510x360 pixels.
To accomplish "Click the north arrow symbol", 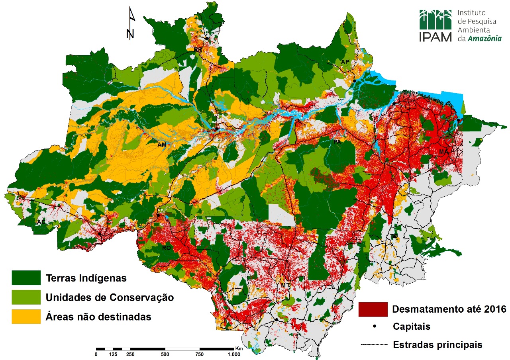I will pyautogui.click(x=131, y=24).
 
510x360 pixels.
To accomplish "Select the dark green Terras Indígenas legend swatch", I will pyautogui.click(x=26, y=278).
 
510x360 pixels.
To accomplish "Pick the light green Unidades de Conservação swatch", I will pyautogui.click(x=26, y=297).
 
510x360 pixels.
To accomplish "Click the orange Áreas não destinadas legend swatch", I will pyautogui.click(x=26, y=317).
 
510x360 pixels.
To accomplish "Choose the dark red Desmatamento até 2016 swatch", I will pyautogui.click(x=373, y=309).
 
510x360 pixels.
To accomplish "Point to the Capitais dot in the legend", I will pyautogui.click(x=375, y=327).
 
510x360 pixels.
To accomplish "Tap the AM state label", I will pyautogui.click(x=162, y=145).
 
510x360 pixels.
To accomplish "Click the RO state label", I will pyautogui.click(x=166, y=248).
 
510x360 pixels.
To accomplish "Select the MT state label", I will pyautogui.click(x=285, y=285).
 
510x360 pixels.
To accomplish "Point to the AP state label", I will pyautogui.click(x=345, y=62).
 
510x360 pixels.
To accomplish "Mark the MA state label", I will pyautogui.click(x=444, y=152).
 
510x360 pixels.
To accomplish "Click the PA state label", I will pyautogui.click(x=337, y=142).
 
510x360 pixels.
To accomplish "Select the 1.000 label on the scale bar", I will pyautogui.click(x=233, y=354).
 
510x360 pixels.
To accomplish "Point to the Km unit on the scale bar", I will pyautogui.click(x=239, y=348).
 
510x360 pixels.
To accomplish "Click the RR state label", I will pyautogui.click(x=198, y=50).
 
